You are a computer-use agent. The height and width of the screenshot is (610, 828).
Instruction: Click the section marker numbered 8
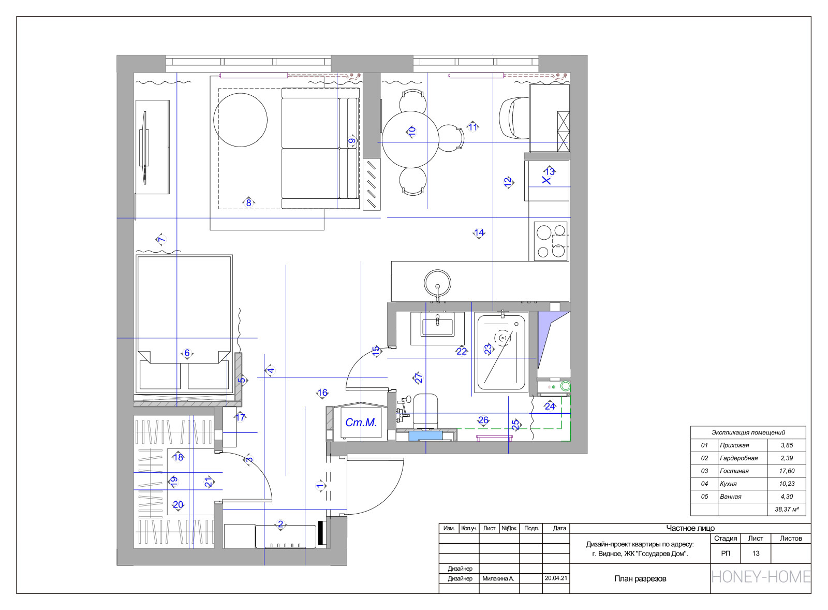[x=248, y=202]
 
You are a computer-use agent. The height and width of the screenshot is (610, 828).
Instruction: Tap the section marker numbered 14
[x=479, y=233]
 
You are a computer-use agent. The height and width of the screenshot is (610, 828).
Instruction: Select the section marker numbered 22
[x=461, y=351]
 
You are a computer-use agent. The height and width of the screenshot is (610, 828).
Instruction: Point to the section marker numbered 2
[x=280, y=524]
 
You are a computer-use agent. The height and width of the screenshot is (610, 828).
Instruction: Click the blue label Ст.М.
[x=361, y=422]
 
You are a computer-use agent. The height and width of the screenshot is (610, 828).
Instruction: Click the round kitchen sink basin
[x=438, y=283]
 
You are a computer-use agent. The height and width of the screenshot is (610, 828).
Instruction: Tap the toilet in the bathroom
[x=425, y=410]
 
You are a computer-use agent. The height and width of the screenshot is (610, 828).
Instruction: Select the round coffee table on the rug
[x=240, y=120]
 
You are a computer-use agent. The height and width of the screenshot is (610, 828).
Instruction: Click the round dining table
[x=410, y=139]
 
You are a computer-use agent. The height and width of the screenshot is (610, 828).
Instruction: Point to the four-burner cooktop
[x=551, y=241]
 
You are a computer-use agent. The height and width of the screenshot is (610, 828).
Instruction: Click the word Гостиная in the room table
[x=734, y=471]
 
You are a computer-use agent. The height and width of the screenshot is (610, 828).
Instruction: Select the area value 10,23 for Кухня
[x=787, y=484]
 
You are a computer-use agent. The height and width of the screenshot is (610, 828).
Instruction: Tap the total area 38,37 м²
[x=787, y=509]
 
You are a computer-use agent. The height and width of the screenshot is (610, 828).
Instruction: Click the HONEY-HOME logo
[x=761, y=577]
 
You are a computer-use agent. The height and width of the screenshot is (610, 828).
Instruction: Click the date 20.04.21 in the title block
[x=556, y=578]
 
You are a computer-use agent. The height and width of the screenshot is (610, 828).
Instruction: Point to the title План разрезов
[x=640, y=578]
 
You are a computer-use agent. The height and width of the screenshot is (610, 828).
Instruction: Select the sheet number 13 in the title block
[x=756, y=554]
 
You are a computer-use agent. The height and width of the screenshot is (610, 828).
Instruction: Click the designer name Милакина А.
[x=498, y=578]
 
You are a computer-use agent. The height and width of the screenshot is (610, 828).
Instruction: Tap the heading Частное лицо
[x=690, y=528]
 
